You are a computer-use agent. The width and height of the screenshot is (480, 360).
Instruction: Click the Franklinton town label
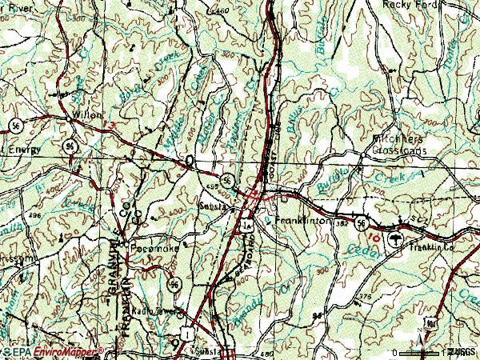pyautogui.click(x=302, y=218)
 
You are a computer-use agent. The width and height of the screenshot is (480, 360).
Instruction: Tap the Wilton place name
pyautogui.click(x=87, y=115)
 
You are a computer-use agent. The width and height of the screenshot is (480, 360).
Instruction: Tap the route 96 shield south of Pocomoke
pyautogui.click(x=174, y=283)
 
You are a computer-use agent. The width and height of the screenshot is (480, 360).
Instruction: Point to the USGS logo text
pyautogui.click(x=461, y=352)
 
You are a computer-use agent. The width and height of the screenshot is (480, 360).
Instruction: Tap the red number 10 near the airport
pyautogui.click(x=369, y=238)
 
